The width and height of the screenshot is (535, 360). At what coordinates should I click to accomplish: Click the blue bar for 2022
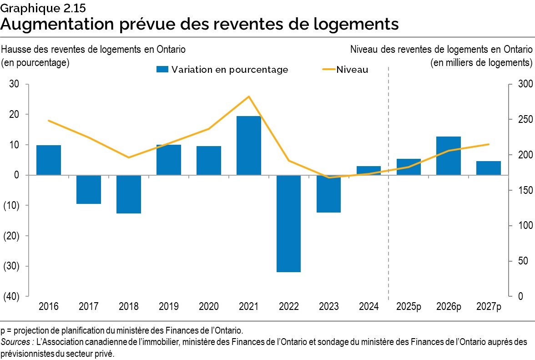pos(288,223)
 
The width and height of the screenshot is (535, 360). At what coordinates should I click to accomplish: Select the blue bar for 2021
pos(248,145)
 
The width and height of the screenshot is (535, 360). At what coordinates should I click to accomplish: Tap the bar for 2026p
pos(448,156)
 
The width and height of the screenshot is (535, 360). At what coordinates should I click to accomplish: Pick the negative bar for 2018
pos(129,194)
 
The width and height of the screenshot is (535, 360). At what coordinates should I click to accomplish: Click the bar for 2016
pos(49,160)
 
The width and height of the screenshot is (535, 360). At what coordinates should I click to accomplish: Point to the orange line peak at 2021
pos(249,96)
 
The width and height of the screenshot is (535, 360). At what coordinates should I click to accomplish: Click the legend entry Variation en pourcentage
pos(222,70)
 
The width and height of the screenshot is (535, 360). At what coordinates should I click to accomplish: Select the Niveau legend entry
pos(345,70)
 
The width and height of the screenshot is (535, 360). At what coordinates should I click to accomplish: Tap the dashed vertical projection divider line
pos(388,182)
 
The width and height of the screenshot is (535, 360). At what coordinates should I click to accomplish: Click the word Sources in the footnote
pos(15,341)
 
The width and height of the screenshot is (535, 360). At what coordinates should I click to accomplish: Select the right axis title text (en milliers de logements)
pos(481,62)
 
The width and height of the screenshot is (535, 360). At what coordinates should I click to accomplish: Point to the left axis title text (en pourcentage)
pos(35,62)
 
